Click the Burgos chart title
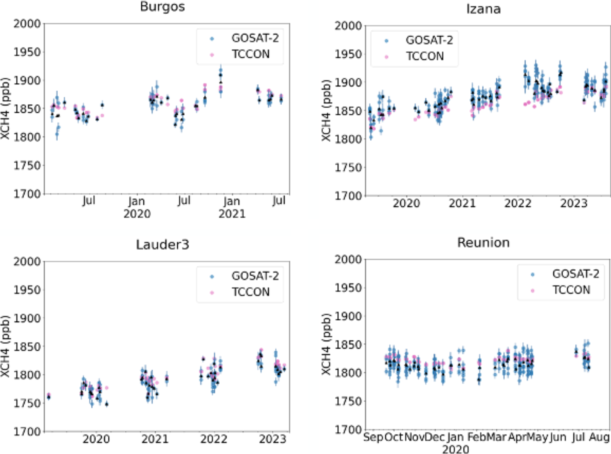pyautogui.click(x=162, y=7)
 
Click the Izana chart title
pyautogui.click(x=483, y=9)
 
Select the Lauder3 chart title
pyautogui.click(x=162, y=245)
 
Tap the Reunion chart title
pyautogui.click(x=483, y=243)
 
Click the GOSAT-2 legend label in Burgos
pyautogui.click(x=255, y=38)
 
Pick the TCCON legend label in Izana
pyautogui.click(x=425, y=56)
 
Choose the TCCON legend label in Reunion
pyautogui.click(x=571, y=290)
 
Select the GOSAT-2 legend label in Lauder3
pyautogui.click(x=255, y=276)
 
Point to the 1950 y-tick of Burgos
pyautogui.click(x=27, y=52)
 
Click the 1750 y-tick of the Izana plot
pyautogui.click(x=348, y=168)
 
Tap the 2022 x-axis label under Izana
pyautogui.click(x=518, y=203)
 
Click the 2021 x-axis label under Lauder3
pyautogui.click(x=155, y=439)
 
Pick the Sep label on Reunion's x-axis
pyautogui.click(x=373, y=437)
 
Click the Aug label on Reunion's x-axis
pyautogui.click(x=599, y=437)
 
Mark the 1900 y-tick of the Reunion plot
pyautogui.click(x=348, y=316)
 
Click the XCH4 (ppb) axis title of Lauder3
pyautogui.click(x=5, y=346)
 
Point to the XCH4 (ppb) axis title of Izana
pyautogui.click(x=326, y=111)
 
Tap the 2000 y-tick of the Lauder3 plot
pyautogui.click(x=27, y=261)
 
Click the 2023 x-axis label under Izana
pyautogui.click(x=573, y=203)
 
